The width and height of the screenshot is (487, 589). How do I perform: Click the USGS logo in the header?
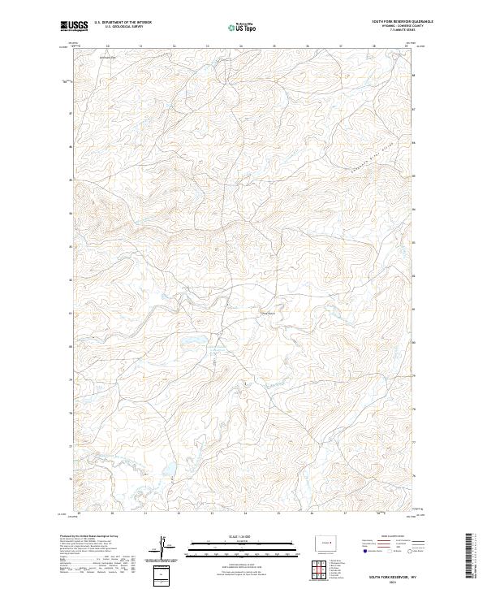tap(74, 27)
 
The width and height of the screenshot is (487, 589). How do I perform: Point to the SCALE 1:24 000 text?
tap(243, 536)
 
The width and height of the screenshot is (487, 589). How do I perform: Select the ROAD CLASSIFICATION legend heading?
tap(381, 537)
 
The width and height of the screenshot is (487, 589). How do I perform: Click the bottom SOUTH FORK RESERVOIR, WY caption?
tap(390, 575)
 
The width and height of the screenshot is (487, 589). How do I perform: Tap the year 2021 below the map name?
tap(390, 582)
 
